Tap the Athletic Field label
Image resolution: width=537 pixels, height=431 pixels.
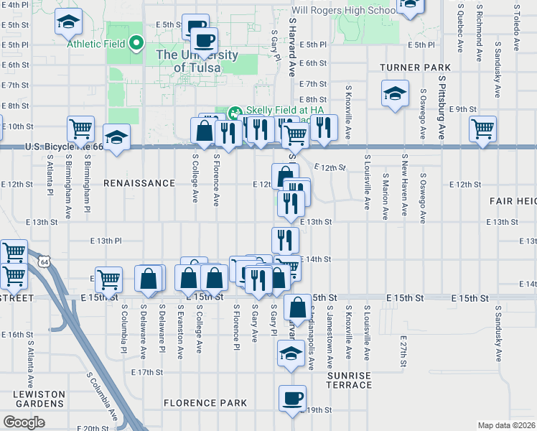click(x=96, y=44)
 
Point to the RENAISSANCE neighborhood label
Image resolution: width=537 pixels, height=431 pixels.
click(x=139, y=183)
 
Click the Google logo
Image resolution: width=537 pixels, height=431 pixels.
click(x=24, y=422)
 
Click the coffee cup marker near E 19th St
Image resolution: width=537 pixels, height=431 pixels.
click(x=292, y=398)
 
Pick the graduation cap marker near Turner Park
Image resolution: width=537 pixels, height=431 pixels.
click(x=394, y=93)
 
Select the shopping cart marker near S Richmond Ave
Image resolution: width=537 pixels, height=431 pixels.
click(x=483, y=129)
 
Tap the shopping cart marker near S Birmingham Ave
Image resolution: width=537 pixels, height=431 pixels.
click(x=80, y=129)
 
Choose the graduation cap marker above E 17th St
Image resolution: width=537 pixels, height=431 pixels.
click(x=291, y=354)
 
